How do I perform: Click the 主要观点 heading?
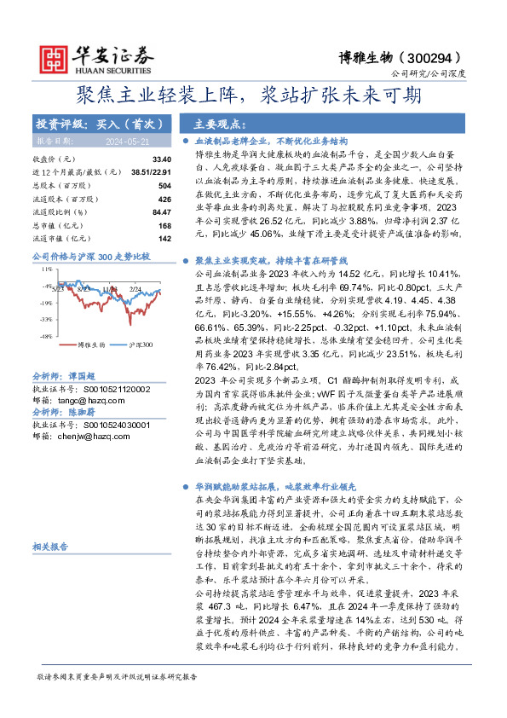[219, 124]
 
